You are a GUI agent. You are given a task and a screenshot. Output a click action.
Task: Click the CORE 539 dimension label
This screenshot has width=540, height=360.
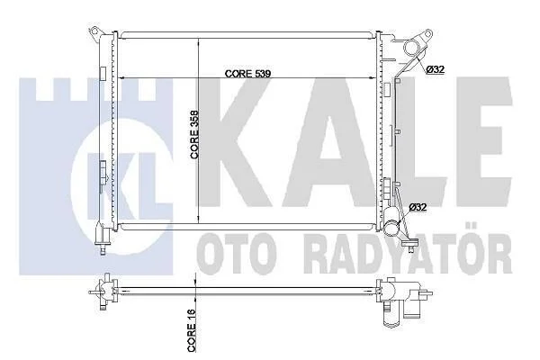coord(247,74)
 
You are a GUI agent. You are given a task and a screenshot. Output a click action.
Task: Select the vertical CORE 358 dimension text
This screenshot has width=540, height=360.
coord(194,134)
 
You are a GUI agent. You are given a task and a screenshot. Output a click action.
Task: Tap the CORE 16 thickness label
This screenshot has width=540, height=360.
coord(192,330)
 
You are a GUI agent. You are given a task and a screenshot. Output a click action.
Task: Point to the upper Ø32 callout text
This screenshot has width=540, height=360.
coord(435,69)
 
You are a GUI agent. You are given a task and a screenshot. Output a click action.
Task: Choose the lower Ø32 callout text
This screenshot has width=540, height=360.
coord(418,207)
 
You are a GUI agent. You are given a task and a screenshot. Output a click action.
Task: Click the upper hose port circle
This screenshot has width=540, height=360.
coord(411,48)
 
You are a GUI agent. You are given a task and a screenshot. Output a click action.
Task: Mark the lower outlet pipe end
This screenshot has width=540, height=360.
coord(391,228)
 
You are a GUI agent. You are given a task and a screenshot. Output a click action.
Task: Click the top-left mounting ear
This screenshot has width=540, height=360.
coord(94,32)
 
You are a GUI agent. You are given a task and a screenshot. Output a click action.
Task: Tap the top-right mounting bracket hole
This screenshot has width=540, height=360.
coord(428,34)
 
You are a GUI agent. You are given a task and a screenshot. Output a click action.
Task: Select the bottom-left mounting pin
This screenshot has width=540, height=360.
coord(103,249)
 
